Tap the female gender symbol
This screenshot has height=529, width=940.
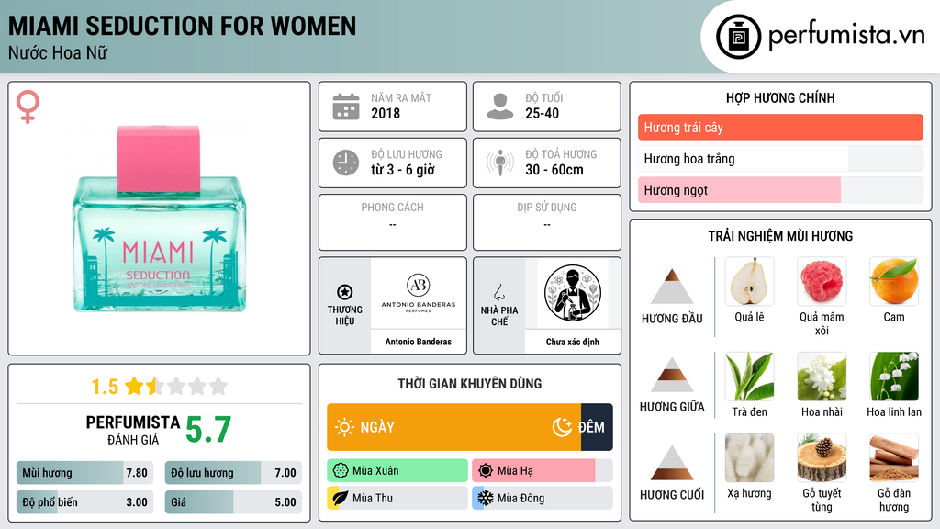coord(28,107)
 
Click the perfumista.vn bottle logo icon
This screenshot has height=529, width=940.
coord(738,37)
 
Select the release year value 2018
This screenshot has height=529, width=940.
coord(386,113)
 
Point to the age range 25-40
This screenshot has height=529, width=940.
coord(542,113)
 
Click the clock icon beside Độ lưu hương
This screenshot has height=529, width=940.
coord(346,163)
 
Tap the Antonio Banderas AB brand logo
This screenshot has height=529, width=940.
coord(419,293)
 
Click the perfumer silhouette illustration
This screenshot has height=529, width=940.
coord(573,293)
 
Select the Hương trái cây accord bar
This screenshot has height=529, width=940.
coord(780,127)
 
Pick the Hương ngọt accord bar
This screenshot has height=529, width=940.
coord(739,190)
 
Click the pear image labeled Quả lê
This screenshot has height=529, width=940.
coord(749,281)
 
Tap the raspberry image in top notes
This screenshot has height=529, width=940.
coord(822,281)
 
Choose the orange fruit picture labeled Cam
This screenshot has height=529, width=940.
coord(894,281)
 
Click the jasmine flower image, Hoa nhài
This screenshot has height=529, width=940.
coord(822,376)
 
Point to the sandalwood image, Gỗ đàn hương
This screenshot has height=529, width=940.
coord(894,457)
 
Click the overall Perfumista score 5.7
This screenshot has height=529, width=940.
coord(208,430)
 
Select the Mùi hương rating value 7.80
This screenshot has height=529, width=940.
coord(137,473)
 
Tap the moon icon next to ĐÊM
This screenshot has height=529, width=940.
coord(562,427)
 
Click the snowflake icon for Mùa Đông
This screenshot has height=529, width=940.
coord(485,498)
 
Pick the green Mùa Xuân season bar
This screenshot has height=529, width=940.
coord(397,471)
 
